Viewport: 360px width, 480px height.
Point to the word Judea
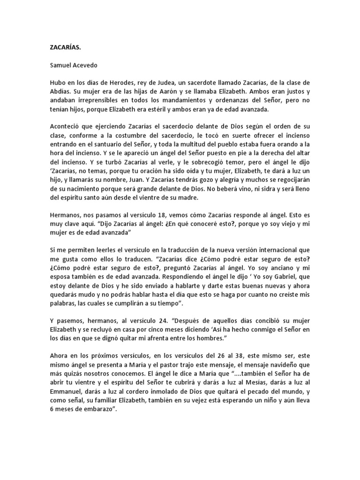coord(165,82)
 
